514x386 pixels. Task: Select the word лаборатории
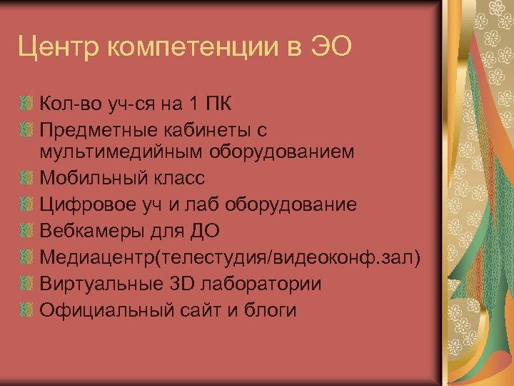tap(261, 284)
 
